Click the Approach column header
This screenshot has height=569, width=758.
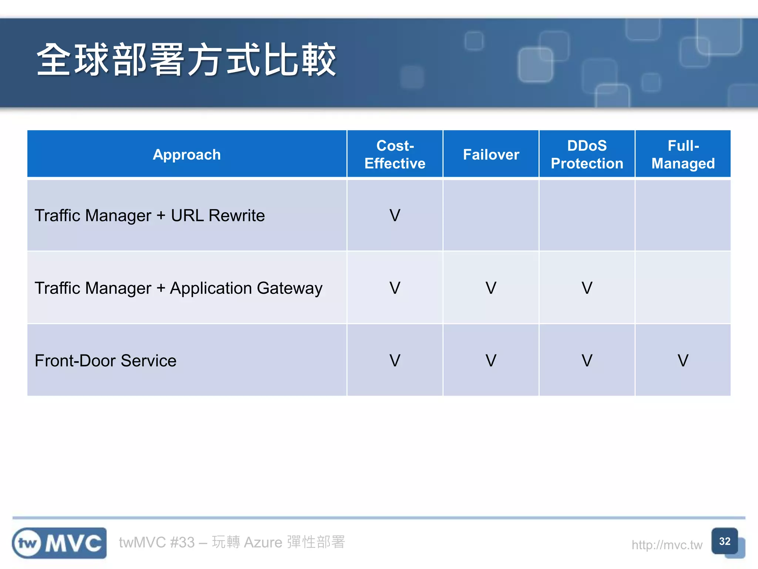point(187,154)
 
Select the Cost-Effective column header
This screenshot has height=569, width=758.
point(395,154)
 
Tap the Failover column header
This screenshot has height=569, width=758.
point(491,154)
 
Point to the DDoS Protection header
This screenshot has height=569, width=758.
point(587,154)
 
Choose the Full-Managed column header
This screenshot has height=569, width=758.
point(683,154)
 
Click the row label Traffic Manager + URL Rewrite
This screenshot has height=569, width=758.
point(150,216)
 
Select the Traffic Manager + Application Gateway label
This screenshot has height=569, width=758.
point(178,288)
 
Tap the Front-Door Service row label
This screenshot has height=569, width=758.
point(105,361)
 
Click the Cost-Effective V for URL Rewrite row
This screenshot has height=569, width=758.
point(395,216)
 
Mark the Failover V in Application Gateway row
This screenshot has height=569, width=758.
point(491,288)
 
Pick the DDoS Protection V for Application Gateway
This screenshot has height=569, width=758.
point(587,288)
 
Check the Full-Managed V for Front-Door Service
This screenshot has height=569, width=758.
point(683,361)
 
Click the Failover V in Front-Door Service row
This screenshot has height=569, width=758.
point(491,361)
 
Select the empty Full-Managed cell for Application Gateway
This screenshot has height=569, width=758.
point(683,287)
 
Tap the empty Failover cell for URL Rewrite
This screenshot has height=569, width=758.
point(491,215)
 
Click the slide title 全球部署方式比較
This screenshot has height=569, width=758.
point(186,60)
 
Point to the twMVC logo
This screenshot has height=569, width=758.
point(59,543)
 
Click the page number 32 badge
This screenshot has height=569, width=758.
point(724,541)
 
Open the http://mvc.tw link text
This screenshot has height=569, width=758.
point(667,545)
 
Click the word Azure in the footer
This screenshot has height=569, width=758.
point(263,542)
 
